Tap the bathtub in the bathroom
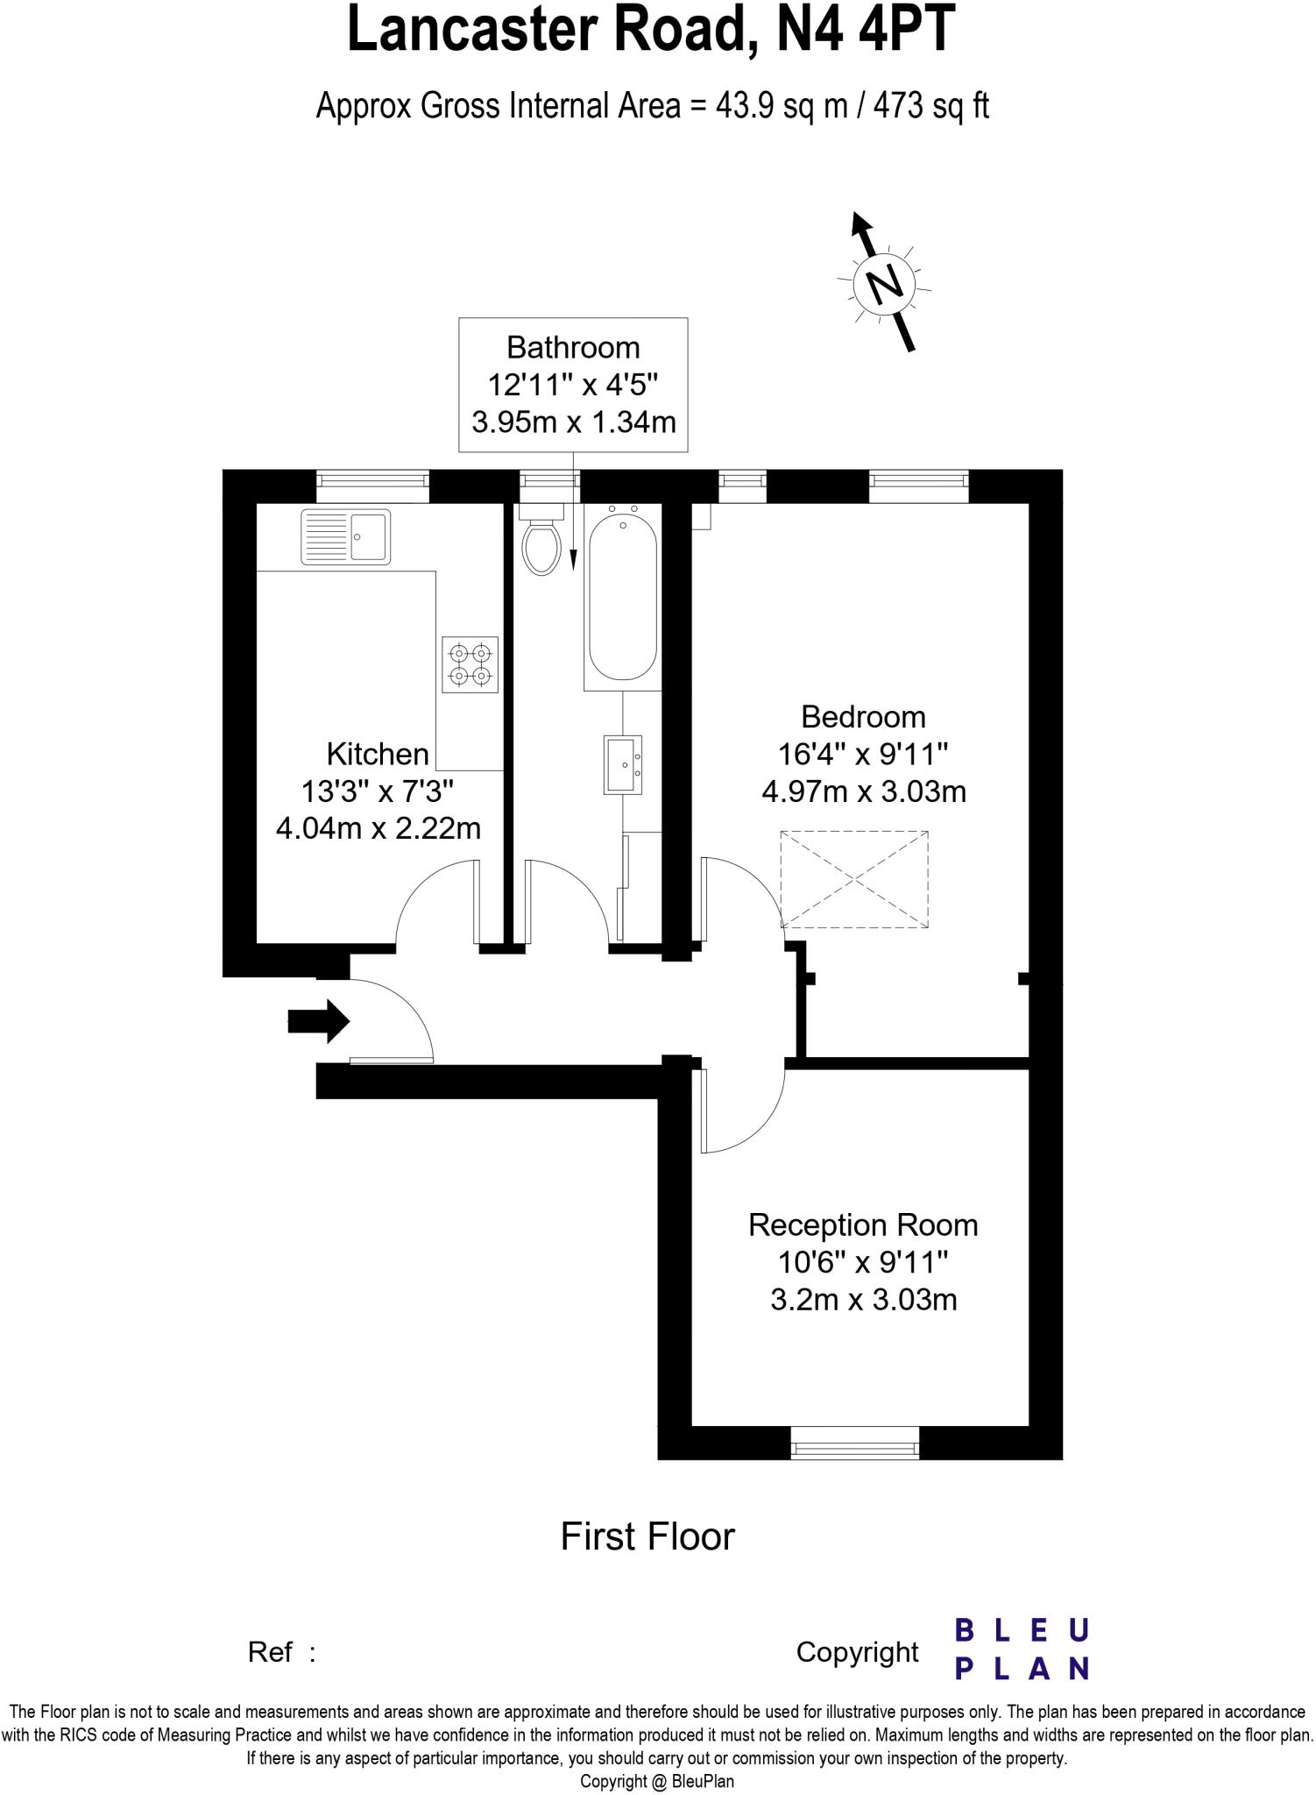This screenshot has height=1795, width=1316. tap(622, 598)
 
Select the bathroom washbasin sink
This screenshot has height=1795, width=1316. tap(623, 764)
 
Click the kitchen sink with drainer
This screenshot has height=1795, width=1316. tap(345, 536)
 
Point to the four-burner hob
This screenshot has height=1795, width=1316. tap(470, 664)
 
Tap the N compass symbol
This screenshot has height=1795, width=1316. tap(885, 283)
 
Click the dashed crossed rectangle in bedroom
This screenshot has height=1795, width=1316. tap(854, 878)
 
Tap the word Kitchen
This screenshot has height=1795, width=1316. tap(378, 754)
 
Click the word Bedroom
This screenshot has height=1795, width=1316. tap(863, 717)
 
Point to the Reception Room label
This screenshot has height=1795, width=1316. tap(863, 1225)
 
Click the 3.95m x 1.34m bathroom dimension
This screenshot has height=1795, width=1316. tap(574, 422)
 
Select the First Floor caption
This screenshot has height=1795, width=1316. tap(647, 1536)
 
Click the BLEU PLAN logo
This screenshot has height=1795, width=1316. tap(1022, 1649)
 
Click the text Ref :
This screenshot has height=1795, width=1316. tap(281, 1652)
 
